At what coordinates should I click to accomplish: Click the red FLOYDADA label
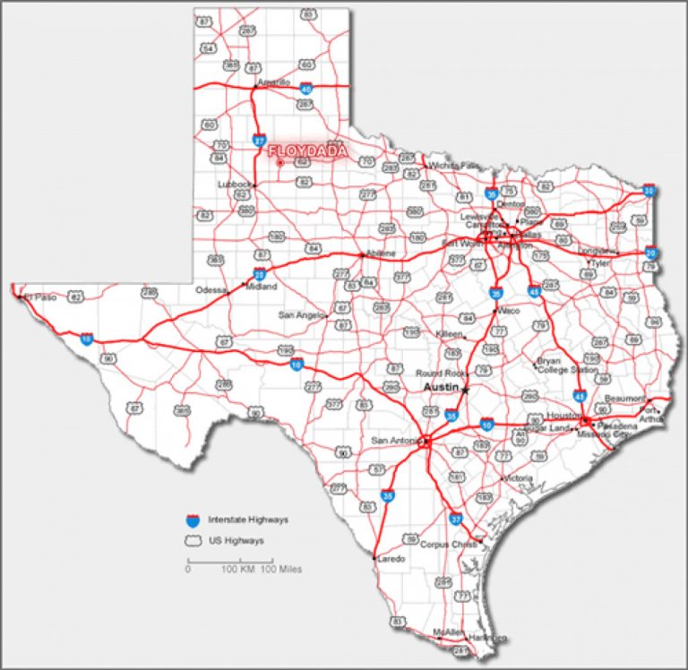pos(307,150)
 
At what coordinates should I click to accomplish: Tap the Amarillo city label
pos(274,82)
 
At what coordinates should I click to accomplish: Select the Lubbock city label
pos(236,185)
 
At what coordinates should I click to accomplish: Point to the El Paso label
pos(40,296)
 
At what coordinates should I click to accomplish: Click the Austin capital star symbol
pos(465,389)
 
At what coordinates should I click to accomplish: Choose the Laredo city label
pos(392,559)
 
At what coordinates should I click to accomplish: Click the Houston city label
pos(564,416)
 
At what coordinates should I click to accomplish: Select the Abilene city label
pos(380,253)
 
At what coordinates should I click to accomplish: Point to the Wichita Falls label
pos(454,166)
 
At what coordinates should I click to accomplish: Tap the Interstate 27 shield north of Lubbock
pos(259,140)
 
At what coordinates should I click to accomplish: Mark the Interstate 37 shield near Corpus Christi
pos(456,519)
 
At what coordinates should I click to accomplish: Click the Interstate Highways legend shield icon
pos(192,519)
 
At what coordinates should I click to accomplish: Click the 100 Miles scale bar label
pos(280,569)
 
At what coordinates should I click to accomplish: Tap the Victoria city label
pos(519,478)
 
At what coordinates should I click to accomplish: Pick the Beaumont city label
pos(625,398)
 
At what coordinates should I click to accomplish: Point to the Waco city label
pos(509,310)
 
